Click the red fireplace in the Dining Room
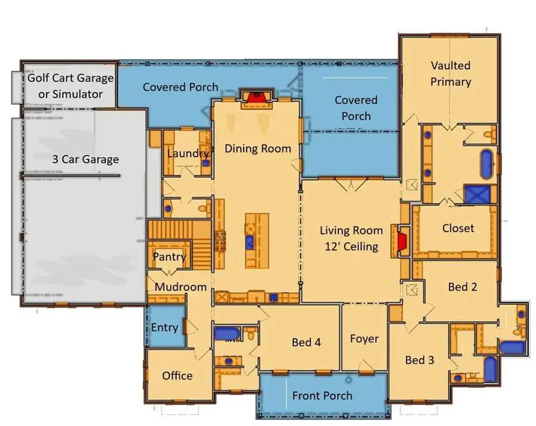point(256,97)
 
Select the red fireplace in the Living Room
point(402,240)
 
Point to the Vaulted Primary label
point(451,73)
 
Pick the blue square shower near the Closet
point(477,195)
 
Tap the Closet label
point(458,228)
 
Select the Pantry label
point(170,257)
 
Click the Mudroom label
point(180,287)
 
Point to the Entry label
point(164,328)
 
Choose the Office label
point(177,375)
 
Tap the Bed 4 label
point(306,342)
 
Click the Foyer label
point(364,339)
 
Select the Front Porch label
point(322,396)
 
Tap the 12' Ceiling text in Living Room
point(348,246)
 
